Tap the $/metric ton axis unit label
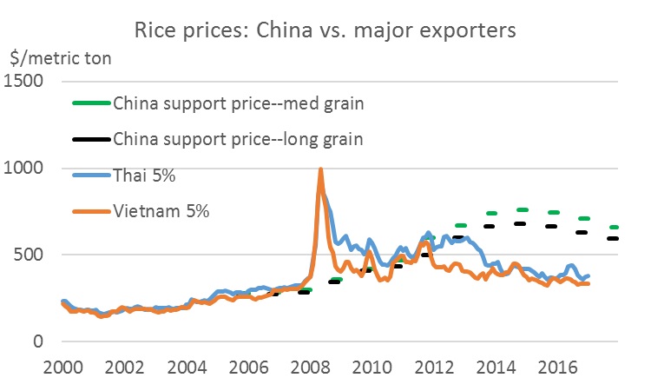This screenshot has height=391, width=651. tap(60, 58)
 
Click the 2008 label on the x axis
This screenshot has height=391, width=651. tap(310, 366)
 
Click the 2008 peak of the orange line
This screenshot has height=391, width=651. tap(321, 170)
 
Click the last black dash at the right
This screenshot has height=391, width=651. tap(613, 238)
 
